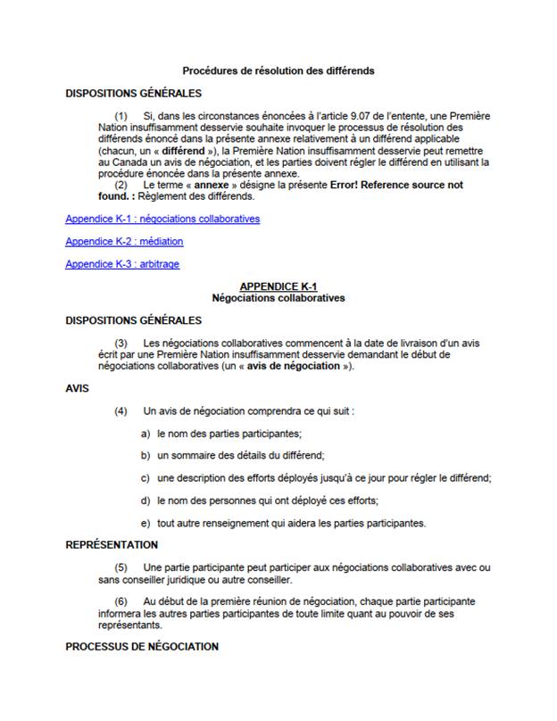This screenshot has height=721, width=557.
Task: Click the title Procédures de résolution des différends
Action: tap(278, 70)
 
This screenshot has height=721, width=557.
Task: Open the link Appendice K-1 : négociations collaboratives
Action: tap(163, 218)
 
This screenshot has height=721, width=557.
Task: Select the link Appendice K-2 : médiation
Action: tap(124, 241)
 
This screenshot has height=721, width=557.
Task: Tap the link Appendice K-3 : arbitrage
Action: tap(123, 264)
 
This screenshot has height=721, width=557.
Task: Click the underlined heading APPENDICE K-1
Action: tap(278, 286)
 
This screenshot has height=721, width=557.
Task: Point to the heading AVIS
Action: tap(78, 388)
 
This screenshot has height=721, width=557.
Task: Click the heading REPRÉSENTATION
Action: tap(112, 544)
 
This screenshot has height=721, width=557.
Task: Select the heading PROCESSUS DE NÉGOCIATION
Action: tap(142, 646)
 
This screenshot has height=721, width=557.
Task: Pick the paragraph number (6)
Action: tap(122, 602)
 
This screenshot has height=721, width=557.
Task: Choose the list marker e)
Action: tap(145, 522)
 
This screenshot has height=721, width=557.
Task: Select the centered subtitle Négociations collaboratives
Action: tap(278, 298)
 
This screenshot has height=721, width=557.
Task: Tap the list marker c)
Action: tap(145, 477)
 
